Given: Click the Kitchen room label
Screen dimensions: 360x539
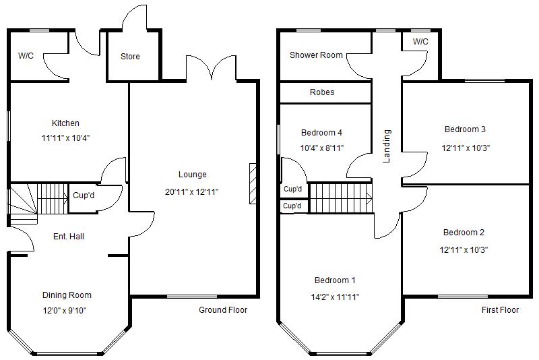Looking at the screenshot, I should pos(65,123).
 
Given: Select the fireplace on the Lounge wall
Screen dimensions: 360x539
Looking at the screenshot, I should pos(253,183).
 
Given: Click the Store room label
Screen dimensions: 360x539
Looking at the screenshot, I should pos(130,57).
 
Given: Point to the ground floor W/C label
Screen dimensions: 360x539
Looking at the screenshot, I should pos(26,56).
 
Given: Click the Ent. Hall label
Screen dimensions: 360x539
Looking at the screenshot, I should pos(68,236).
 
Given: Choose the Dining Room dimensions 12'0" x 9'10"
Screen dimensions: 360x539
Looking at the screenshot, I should pos(65,311).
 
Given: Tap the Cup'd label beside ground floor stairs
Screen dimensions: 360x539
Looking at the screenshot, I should pos(83,197).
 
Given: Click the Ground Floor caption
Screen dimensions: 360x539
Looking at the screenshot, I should pos(223,310).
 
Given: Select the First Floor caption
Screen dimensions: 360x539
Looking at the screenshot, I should pos(500,310).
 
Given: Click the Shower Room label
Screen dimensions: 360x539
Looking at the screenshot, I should pos(316,55).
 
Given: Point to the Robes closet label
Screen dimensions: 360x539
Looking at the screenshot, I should pos(321,92).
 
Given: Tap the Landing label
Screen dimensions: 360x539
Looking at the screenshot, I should pos(387,146).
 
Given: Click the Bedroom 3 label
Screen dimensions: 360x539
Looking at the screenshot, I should pos(465,129).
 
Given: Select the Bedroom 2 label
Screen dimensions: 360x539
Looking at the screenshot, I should pos(464,233).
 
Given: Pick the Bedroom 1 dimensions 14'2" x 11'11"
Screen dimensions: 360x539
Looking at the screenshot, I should pos(335,297).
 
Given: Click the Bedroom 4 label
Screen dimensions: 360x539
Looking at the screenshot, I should pos(321,132).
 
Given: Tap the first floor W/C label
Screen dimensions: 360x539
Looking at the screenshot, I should pos(420,42).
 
